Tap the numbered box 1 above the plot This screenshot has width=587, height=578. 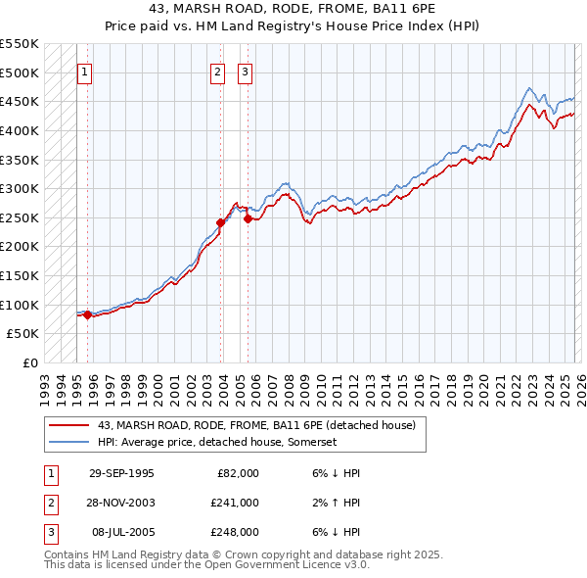85,72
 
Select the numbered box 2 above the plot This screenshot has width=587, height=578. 216,72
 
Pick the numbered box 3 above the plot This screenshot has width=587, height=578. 244,72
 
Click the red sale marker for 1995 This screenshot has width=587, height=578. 88,314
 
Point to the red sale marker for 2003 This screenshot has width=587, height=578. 221,222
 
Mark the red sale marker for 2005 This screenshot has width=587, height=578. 248,218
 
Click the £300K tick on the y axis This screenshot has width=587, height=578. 20,188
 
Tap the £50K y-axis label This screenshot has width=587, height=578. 23,334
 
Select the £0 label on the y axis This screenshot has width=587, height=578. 30,362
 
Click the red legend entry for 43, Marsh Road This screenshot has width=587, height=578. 257,425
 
